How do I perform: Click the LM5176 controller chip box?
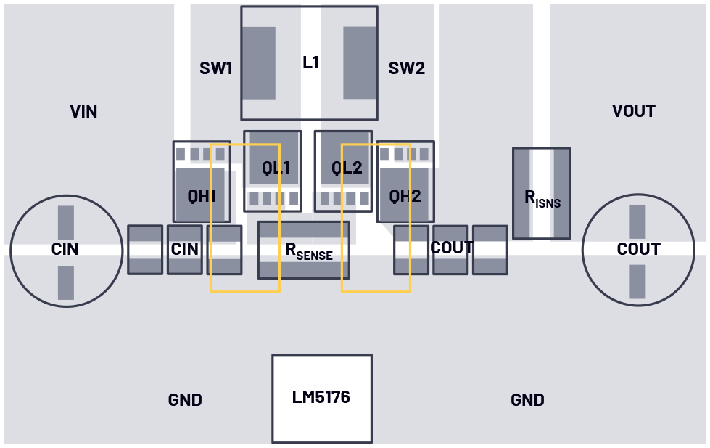321,398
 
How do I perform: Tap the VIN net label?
83,112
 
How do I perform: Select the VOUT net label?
633,111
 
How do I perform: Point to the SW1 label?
216,69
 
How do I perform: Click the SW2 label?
406,69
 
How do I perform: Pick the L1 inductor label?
310,62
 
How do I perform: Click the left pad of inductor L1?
258,63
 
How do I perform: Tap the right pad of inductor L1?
360,63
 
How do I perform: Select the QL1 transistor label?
276,168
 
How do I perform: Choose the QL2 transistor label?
347,168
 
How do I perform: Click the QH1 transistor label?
202,196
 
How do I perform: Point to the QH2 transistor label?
405,196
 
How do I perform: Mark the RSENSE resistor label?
308,251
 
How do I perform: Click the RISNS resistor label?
542,197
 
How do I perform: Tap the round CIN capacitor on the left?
65,250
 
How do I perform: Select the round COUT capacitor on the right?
637,250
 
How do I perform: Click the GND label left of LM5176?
185,400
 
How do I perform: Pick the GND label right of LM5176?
527,400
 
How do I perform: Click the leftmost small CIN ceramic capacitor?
145,250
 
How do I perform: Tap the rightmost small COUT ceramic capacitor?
490,250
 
